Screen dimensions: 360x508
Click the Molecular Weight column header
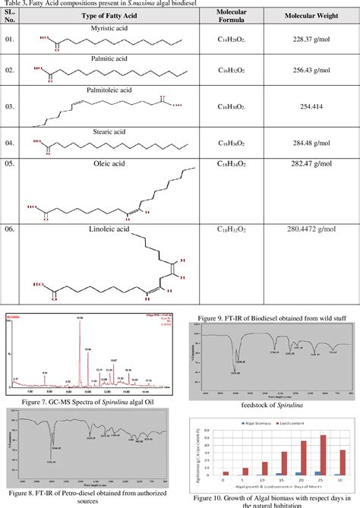click(x=311, y=17)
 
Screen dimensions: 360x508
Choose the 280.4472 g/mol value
click(x=311, y=229)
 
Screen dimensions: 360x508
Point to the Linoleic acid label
click(x=84, y=229)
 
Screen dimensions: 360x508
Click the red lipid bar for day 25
click(x=323, y=456)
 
